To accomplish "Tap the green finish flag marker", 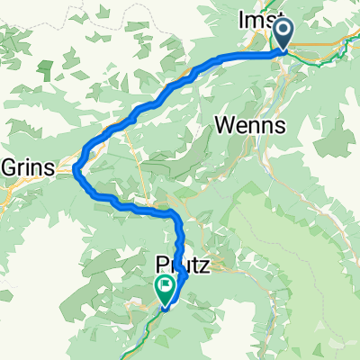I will click(x=166, y=290).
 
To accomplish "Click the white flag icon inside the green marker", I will click(x=166, y=287).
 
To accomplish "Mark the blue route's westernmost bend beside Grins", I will click(x=77, y=164).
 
